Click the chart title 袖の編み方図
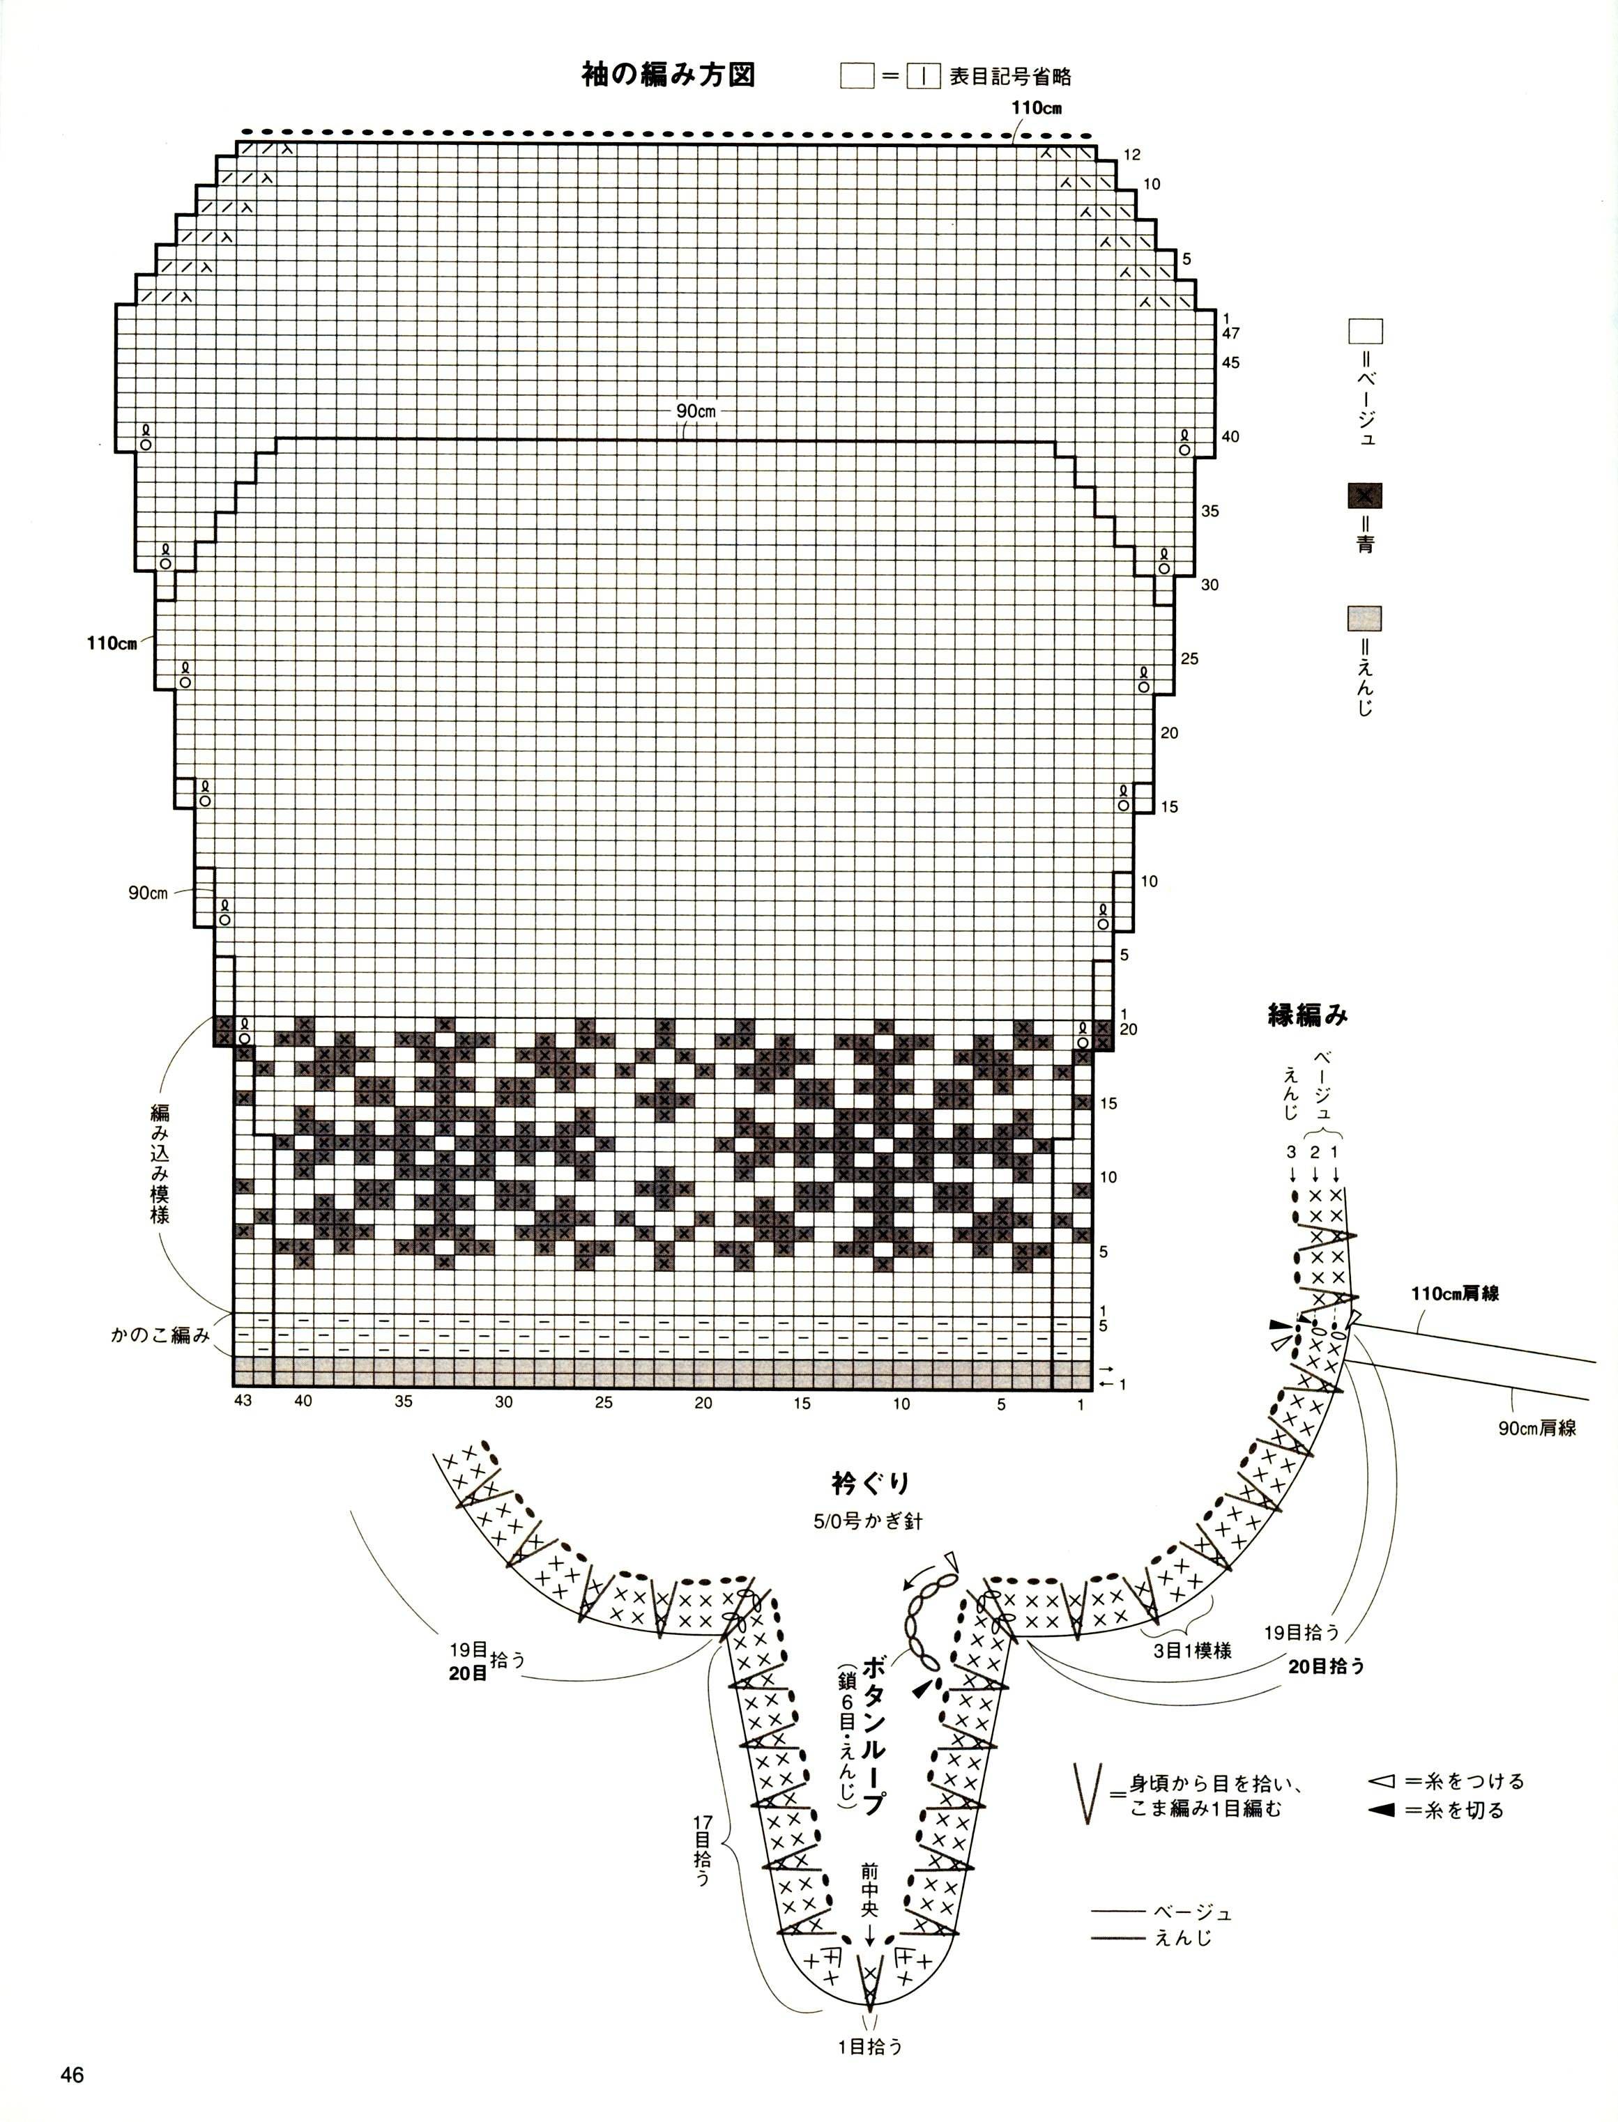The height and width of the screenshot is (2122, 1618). [x=669, y=75]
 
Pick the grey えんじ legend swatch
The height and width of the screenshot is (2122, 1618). [x=1365, y=618]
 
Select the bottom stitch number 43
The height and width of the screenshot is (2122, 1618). [x=243, y=1400]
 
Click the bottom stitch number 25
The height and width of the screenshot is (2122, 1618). [x=603, y=1402]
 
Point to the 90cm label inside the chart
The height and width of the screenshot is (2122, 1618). [x=695, y=411]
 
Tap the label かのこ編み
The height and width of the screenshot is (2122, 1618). [x=160, y=1335]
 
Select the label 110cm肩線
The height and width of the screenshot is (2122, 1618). [x=1456, y=1294]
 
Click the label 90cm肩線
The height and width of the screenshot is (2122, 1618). [x=1537, y=1428]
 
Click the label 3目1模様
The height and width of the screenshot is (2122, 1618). [x=1192, y=1650]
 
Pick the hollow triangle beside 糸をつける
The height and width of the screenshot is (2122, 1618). [x=1381, y=1781]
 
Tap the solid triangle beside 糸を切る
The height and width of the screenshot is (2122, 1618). [x=1381, y=1811]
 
